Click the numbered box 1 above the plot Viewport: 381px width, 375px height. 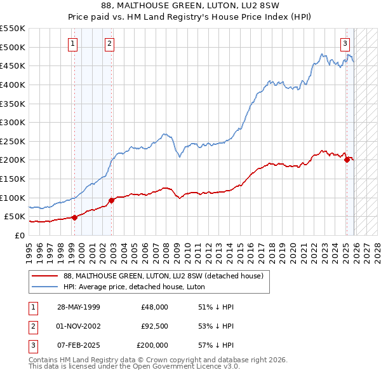tap(73, 44)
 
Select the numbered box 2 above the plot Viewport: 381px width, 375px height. tap(110, 44)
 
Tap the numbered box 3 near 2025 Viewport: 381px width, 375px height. tap(345, 44)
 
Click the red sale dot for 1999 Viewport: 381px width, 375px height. tap(74, 217)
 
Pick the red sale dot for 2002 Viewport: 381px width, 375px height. tap(111, 200)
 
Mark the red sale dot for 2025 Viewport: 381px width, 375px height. tap(347, 160)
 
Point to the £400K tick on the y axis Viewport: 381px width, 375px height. tap(13, 85)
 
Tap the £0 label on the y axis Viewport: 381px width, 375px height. tap(19, 235)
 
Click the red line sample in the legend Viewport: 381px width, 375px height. tap(45, 276)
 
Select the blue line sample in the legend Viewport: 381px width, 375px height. tap(45, 287)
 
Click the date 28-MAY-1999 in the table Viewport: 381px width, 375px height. tap(78, 307)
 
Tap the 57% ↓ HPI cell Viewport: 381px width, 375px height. tap(217, 345)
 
